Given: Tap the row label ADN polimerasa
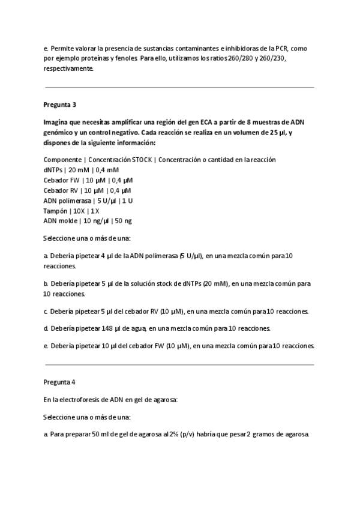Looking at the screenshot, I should point(66,200).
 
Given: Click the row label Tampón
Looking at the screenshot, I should point(55,211).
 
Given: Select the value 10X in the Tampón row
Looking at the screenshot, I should point(79,211).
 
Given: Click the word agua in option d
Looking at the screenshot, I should point(139,328).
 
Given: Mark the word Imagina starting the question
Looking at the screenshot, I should point(57,121).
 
